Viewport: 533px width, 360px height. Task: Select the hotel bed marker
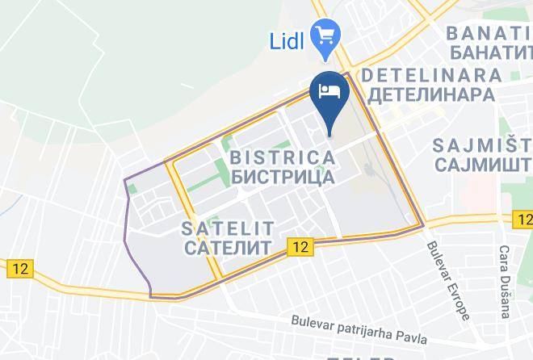tap(329, 91)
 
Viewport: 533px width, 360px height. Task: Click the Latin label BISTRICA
tap(283, 155)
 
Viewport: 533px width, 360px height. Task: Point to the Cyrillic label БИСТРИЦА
tap(283, 174)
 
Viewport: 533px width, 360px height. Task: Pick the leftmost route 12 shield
tap(19, 270)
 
